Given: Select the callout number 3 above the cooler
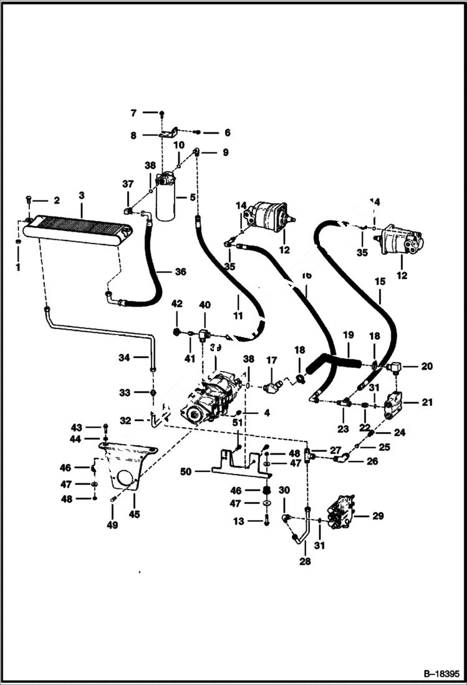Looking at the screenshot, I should coord(81,196).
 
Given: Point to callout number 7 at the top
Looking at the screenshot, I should coord(133,113).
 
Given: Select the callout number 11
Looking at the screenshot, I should coord(238,317).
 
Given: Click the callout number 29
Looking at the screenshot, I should coord(378,516).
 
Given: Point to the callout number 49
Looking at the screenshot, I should coord(112,525).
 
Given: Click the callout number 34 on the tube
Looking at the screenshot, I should coord(125,358).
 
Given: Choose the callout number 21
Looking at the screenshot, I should coord(426,403).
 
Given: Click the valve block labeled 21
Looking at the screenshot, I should coord(395,405).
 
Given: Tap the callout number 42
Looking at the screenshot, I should coord(176,303).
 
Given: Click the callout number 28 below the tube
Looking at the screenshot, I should coord(305,561).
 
